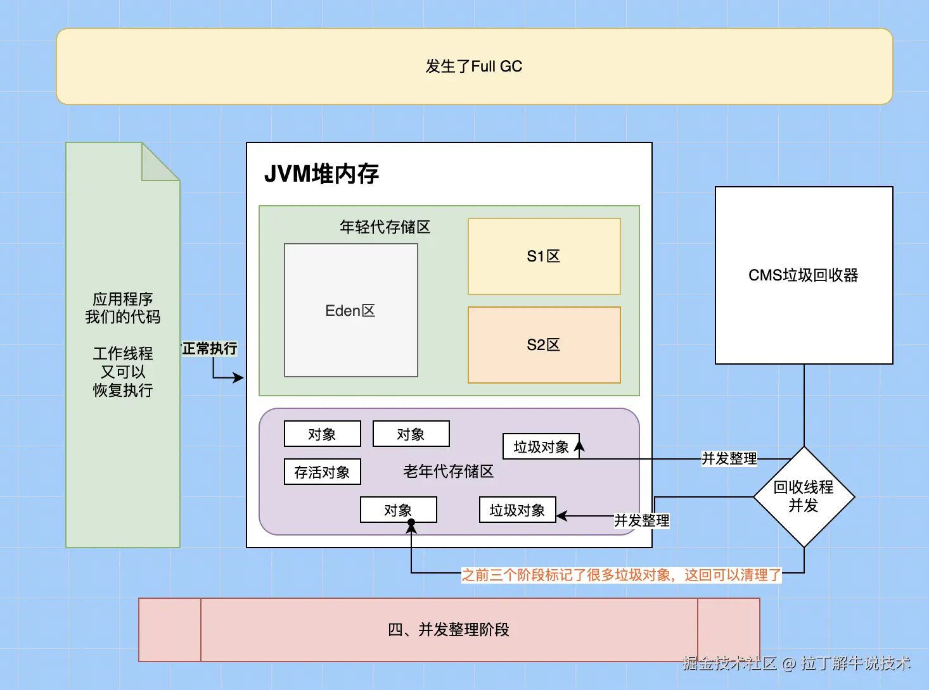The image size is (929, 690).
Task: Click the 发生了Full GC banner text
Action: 473,66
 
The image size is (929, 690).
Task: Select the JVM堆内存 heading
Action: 321,173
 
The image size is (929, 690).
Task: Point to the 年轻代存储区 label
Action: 385,227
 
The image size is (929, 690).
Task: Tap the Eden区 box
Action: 350,310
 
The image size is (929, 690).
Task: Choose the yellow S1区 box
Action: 544,256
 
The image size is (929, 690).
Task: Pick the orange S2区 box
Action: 544,345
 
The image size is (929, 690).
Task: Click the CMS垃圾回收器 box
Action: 804,275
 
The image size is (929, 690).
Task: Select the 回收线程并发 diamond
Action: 804,496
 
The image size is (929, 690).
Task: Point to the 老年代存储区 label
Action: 448,472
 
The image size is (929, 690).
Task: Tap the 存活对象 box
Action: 322,472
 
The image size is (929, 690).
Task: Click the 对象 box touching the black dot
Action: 398,510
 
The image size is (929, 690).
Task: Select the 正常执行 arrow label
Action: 210,348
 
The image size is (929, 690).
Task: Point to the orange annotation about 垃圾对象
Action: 621,575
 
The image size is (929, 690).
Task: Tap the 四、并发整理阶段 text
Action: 448,630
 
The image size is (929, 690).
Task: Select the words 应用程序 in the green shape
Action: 123,299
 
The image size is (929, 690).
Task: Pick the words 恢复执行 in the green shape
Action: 123,390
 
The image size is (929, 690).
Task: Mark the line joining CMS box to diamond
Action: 804,405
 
